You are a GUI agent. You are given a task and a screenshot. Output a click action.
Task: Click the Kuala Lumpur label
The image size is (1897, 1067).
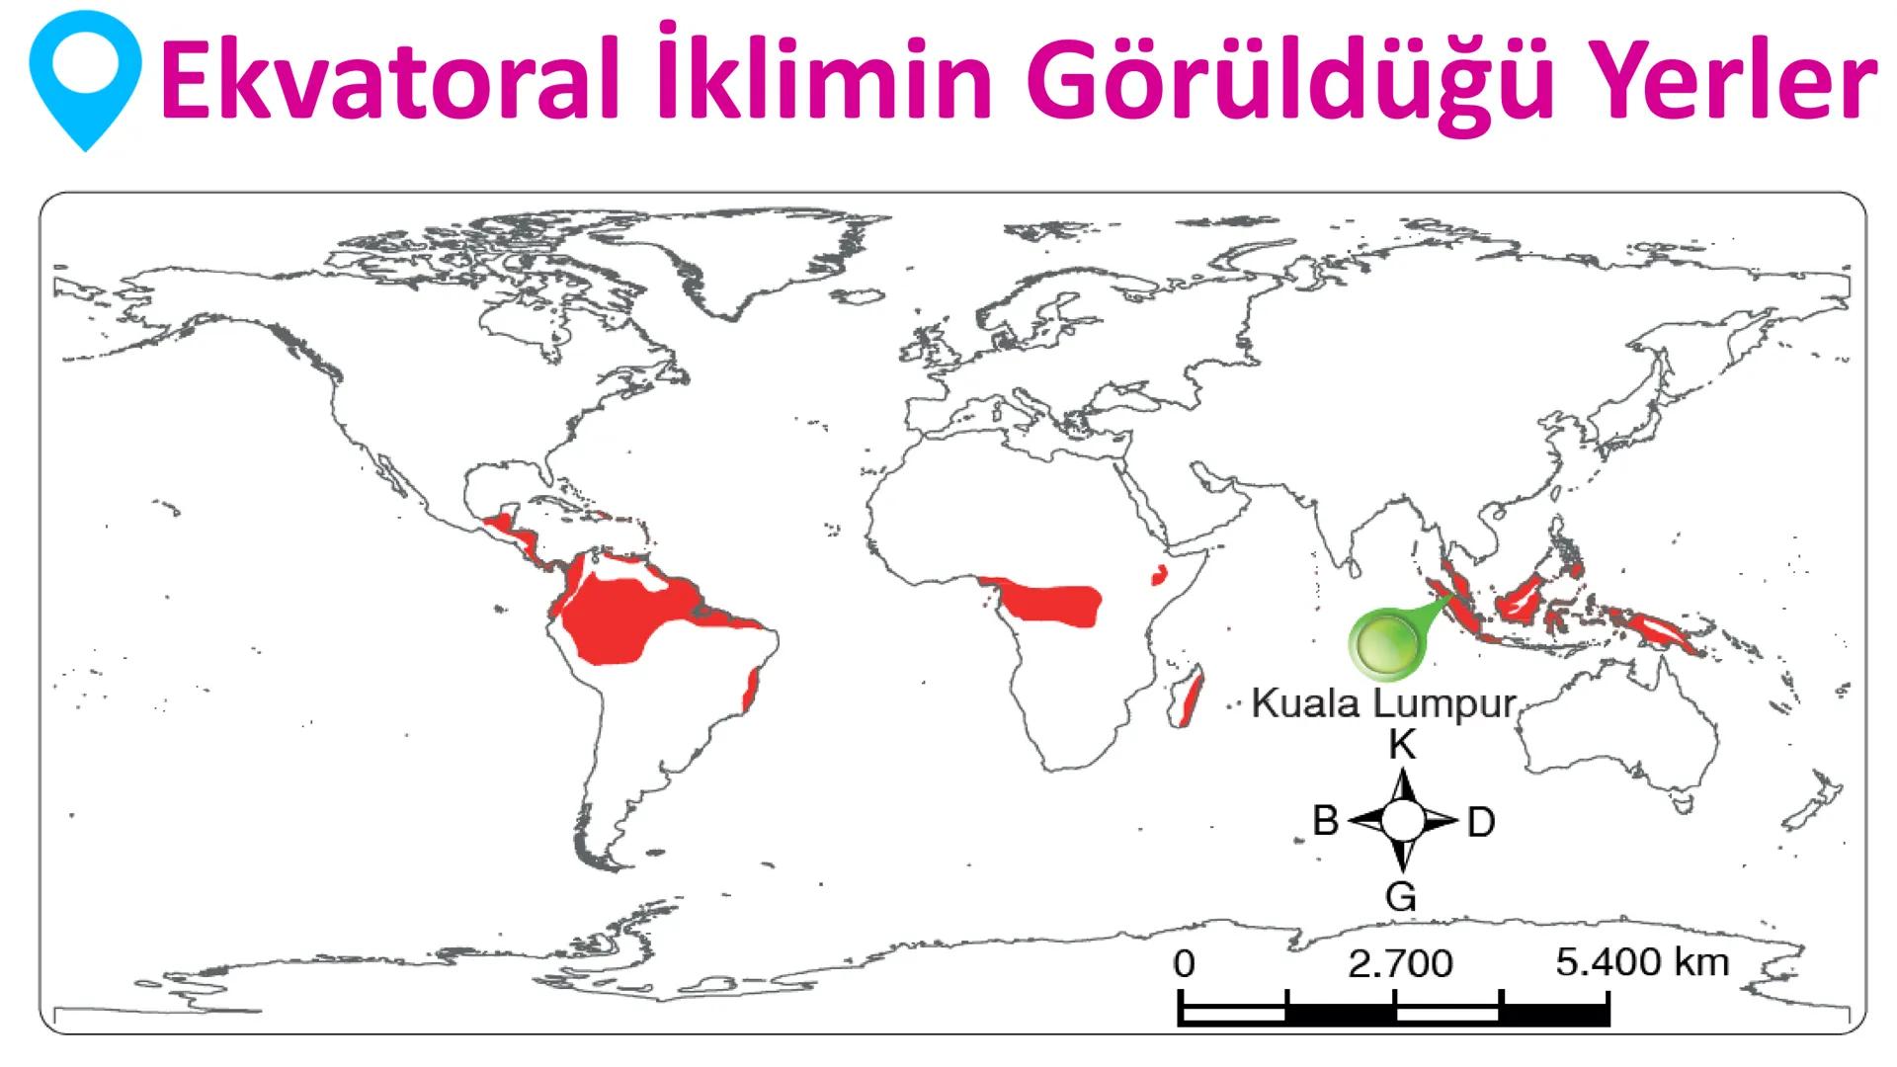(1383, 703)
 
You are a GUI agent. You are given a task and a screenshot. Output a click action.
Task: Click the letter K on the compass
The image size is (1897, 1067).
(1402, 745)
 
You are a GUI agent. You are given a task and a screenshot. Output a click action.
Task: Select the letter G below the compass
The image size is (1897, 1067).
(1402, 896)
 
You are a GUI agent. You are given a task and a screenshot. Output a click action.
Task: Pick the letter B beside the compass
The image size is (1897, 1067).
(1325, 821)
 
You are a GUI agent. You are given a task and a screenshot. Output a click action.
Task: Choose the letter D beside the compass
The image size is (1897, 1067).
(1480, 822)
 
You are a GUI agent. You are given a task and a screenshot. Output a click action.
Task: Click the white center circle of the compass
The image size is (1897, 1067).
(1402, 820)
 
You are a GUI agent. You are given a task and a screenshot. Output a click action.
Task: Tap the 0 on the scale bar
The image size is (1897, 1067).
(1184, 963)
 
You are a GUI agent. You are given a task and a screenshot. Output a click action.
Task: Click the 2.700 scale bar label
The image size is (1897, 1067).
(1400, 963)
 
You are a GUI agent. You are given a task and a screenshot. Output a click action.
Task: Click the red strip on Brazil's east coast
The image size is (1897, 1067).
(751, 690)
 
